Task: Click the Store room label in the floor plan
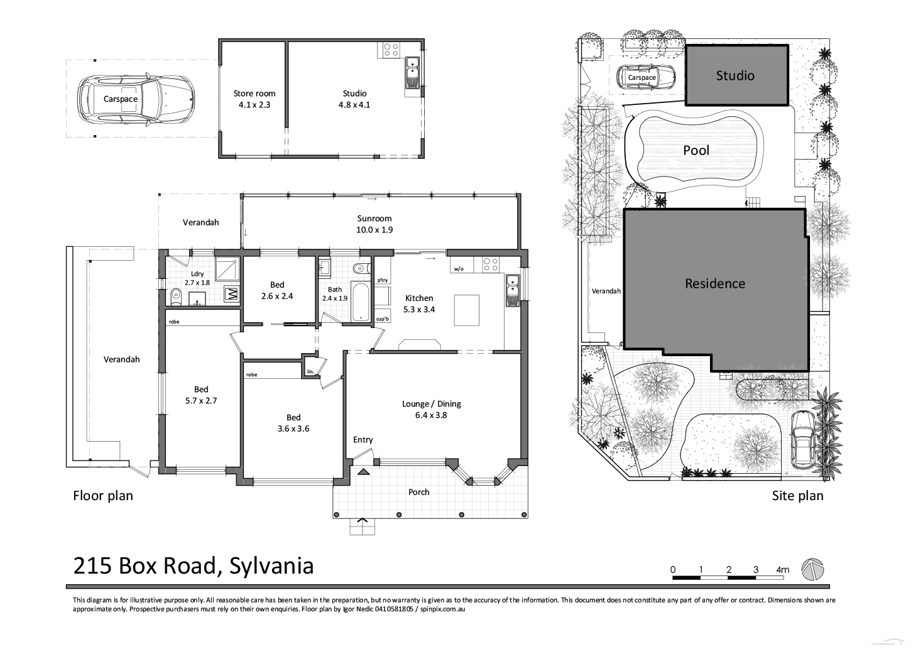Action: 254,94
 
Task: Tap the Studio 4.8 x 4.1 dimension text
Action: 354,105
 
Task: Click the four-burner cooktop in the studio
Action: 391,50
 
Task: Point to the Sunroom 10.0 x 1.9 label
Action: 374,224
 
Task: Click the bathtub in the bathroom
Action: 360,302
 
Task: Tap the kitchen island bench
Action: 467,310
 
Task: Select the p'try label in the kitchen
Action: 382,280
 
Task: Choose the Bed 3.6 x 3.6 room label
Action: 293,423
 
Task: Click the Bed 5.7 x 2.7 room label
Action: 201,395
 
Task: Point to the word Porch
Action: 418,492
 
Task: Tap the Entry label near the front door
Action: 363,440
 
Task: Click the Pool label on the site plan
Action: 696,150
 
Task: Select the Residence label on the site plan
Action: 714,283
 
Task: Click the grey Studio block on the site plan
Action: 735,75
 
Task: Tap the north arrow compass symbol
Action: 812,569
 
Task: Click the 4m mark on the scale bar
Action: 782,570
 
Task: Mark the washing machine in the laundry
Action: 231,293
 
